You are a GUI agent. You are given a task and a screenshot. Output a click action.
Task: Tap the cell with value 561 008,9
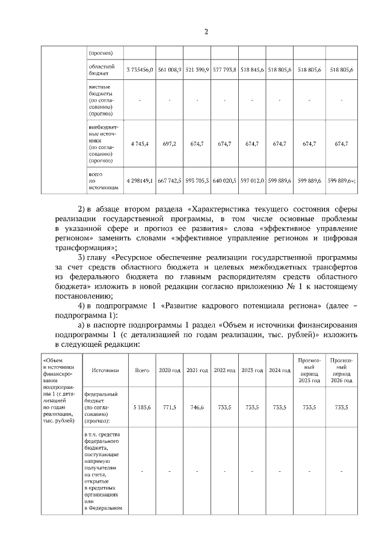(x=170, y=70)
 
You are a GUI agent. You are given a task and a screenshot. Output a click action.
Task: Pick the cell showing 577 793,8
(x=224, y=70)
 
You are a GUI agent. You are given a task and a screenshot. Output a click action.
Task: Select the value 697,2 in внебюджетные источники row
(x=170, y=144)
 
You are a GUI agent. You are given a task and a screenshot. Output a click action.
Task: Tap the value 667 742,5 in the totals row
(x=170, y=180)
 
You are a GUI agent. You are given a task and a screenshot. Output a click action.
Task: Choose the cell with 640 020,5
(x=224, y=180)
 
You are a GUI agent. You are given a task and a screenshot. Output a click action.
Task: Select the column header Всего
(x=142, y=370)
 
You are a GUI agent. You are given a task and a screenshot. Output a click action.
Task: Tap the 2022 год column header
(x=224, y=370)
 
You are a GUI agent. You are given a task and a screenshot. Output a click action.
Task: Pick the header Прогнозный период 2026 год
(x=342, y=370)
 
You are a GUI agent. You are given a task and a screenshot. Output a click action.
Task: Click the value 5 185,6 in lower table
(x=142, y=406)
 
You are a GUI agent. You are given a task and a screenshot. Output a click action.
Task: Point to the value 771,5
(x=170, y=406)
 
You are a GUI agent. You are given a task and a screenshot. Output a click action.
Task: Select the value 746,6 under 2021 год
(x=197, y=406)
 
